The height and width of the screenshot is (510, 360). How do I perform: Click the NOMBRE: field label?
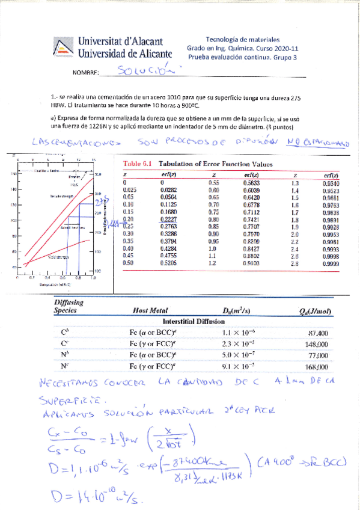[84, 73]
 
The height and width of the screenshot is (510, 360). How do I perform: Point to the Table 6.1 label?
[137, 164]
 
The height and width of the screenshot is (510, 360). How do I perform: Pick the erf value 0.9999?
[331, 263]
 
